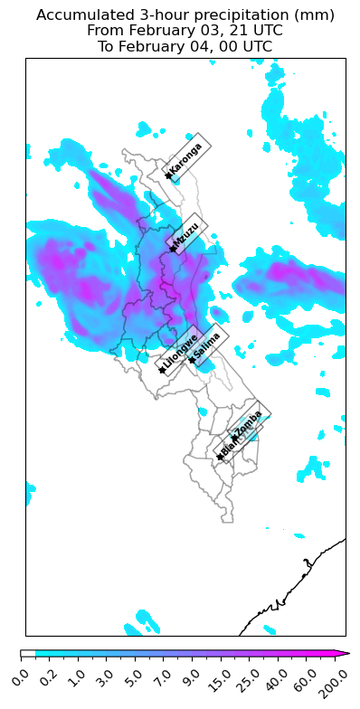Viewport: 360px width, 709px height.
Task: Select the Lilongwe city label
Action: [180, 352]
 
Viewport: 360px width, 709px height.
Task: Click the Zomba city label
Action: [249, 422]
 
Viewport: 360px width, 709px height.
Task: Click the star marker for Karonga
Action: [168, 175]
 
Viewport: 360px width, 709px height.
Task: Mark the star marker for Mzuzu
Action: [172, 249]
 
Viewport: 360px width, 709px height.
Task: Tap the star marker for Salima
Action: [191, 361]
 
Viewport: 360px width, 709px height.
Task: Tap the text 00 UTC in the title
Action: [243, 46]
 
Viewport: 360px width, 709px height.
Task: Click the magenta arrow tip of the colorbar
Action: [346, 653]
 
